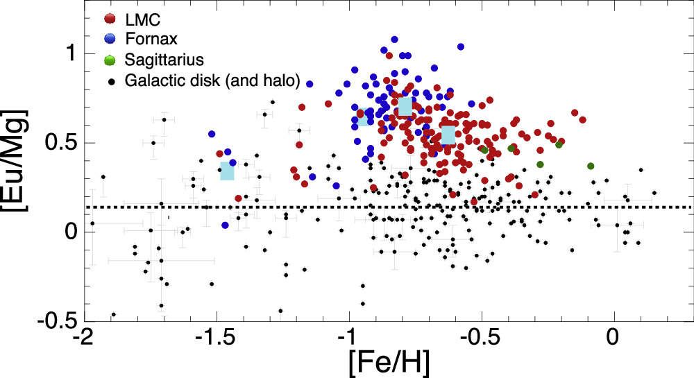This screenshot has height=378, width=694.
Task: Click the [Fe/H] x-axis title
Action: (383, 359)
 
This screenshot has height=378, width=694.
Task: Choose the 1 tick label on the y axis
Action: (68, 53)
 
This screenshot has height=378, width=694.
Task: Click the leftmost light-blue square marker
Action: (228, 171)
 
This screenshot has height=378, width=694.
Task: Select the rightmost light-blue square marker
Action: (448, 135)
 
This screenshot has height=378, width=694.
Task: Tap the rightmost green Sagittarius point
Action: (591, 166)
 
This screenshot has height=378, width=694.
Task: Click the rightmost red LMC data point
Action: (583, 120)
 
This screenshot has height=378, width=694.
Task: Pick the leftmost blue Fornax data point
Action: (212, 134)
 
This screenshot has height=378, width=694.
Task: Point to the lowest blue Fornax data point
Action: (225, 225)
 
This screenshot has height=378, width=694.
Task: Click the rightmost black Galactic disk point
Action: (654, 193)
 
